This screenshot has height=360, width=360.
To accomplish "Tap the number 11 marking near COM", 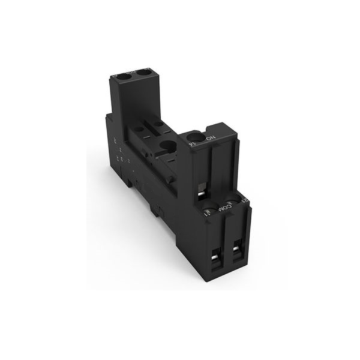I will pyautogui.click(x=208, y=213).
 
